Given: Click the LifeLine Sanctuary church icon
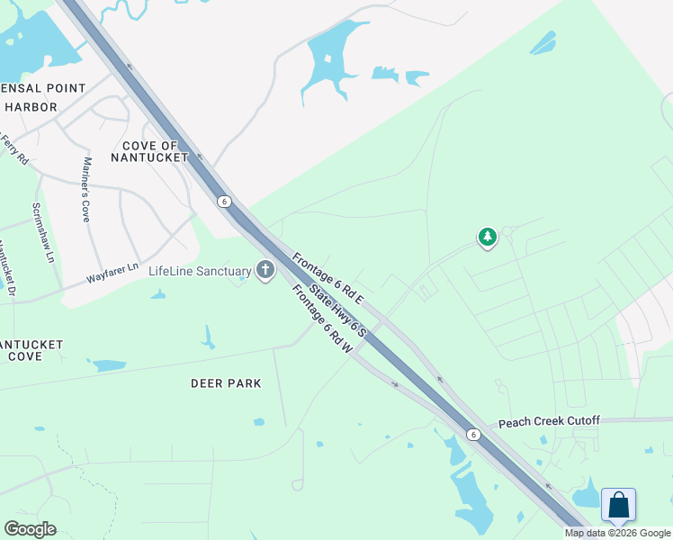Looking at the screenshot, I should (x=265, y=270).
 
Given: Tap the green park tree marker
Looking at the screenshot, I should (x=487, y=238).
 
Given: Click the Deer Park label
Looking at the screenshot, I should (x=226, y=383).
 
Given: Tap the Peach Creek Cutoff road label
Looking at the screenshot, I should (x=548, y=421).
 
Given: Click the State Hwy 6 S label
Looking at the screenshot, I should (x=338, y=310).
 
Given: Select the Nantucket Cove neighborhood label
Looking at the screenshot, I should (x=29, y=350).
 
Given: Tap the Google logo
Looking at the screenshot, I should (x=30, y=529).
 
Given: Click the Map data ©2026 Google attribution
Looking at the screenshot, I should (x=617, y=533).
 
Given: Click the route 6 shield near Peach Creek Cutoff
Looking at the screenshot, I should (x=472, y=435).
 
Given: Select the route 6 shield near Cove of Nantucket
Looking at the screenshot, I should (x=224, y=202).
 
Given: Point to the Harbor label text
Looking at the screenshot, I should (x=31, y=107).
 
